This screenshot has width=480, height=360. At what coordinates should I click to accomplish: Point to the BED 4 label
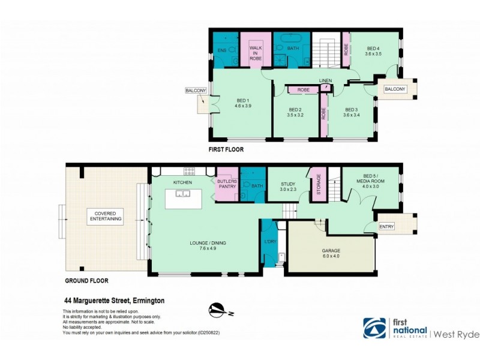pyautogui.click(x=373, y=48)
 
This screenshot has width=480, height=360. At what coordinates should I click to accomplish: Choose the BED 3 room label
pyautogui.click(x=352, y=110)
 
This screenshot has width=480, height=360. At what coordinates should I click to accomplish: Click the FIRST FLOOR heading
pyautogui.click(x=226, y=150)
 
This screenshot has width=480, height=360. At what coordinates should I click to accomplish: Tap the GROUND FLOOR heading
pyautogui.click(x=86, y=280)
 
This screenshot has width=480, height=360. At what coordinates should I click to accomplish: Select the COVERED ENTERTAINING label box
pyautogui.click(x=105, y=215)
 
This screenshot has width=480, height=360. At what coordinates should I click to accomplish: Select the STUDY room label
pyautogui.click(x=289, y=183)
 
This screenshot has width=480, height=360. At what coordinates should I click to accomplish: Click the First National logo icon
pyautogui.click(x=374, y=328)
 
